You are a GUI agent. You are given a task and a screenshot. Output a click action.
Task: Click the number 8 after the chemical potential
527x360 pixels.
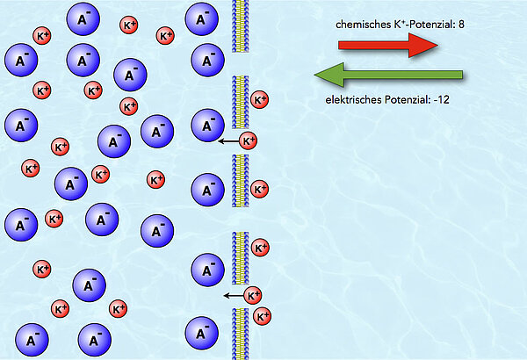460,25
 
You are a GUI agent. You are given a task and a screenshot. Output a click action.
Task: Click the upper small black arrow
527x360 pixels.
228,140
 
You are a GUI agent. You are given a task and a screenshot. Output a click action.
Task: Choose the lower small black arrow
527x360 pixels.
233,296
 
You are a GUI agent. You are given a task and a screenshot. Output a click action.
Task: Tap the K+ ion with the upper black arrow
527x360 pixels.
249,140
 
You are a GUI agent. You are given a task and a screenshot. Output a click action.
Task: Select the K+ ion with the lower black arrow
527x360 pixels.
253,295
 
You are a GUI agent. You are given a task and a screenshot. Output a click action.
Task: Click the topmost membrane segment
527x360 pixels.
240,25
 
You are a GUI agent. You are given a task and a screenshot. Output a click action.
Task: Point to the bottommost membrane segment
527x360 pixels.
240,334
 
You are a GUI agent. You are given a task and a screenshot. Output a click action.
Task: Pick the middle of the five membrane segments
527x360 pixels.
240,180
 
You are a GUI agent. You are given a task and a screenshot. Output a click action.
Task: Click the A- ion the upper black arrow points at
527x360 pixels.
207,125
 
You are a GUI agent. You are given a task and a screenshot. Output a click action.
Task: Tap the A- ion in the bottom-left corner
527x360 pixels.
31,338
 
